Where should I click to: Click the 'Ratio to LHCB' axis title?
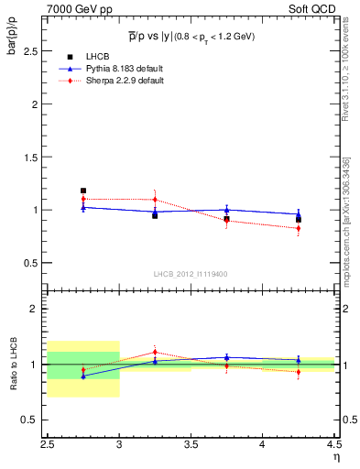coord(12,364)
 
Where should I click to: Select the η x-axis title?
coord(335,455)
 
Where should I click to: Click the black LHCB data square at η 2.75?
coord(83,191)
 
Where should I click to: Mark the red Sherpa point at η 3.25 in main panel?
coord(155,200)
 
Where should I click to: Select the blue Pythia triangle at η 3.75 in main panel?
coord(226,210)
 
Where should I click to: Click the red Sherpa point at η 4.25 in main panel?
coord(298,228)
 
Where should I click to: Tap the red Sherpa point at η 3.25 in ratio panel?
coord(155,352)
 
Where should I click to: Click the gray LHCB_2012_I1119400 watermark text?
coord(190,274)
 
